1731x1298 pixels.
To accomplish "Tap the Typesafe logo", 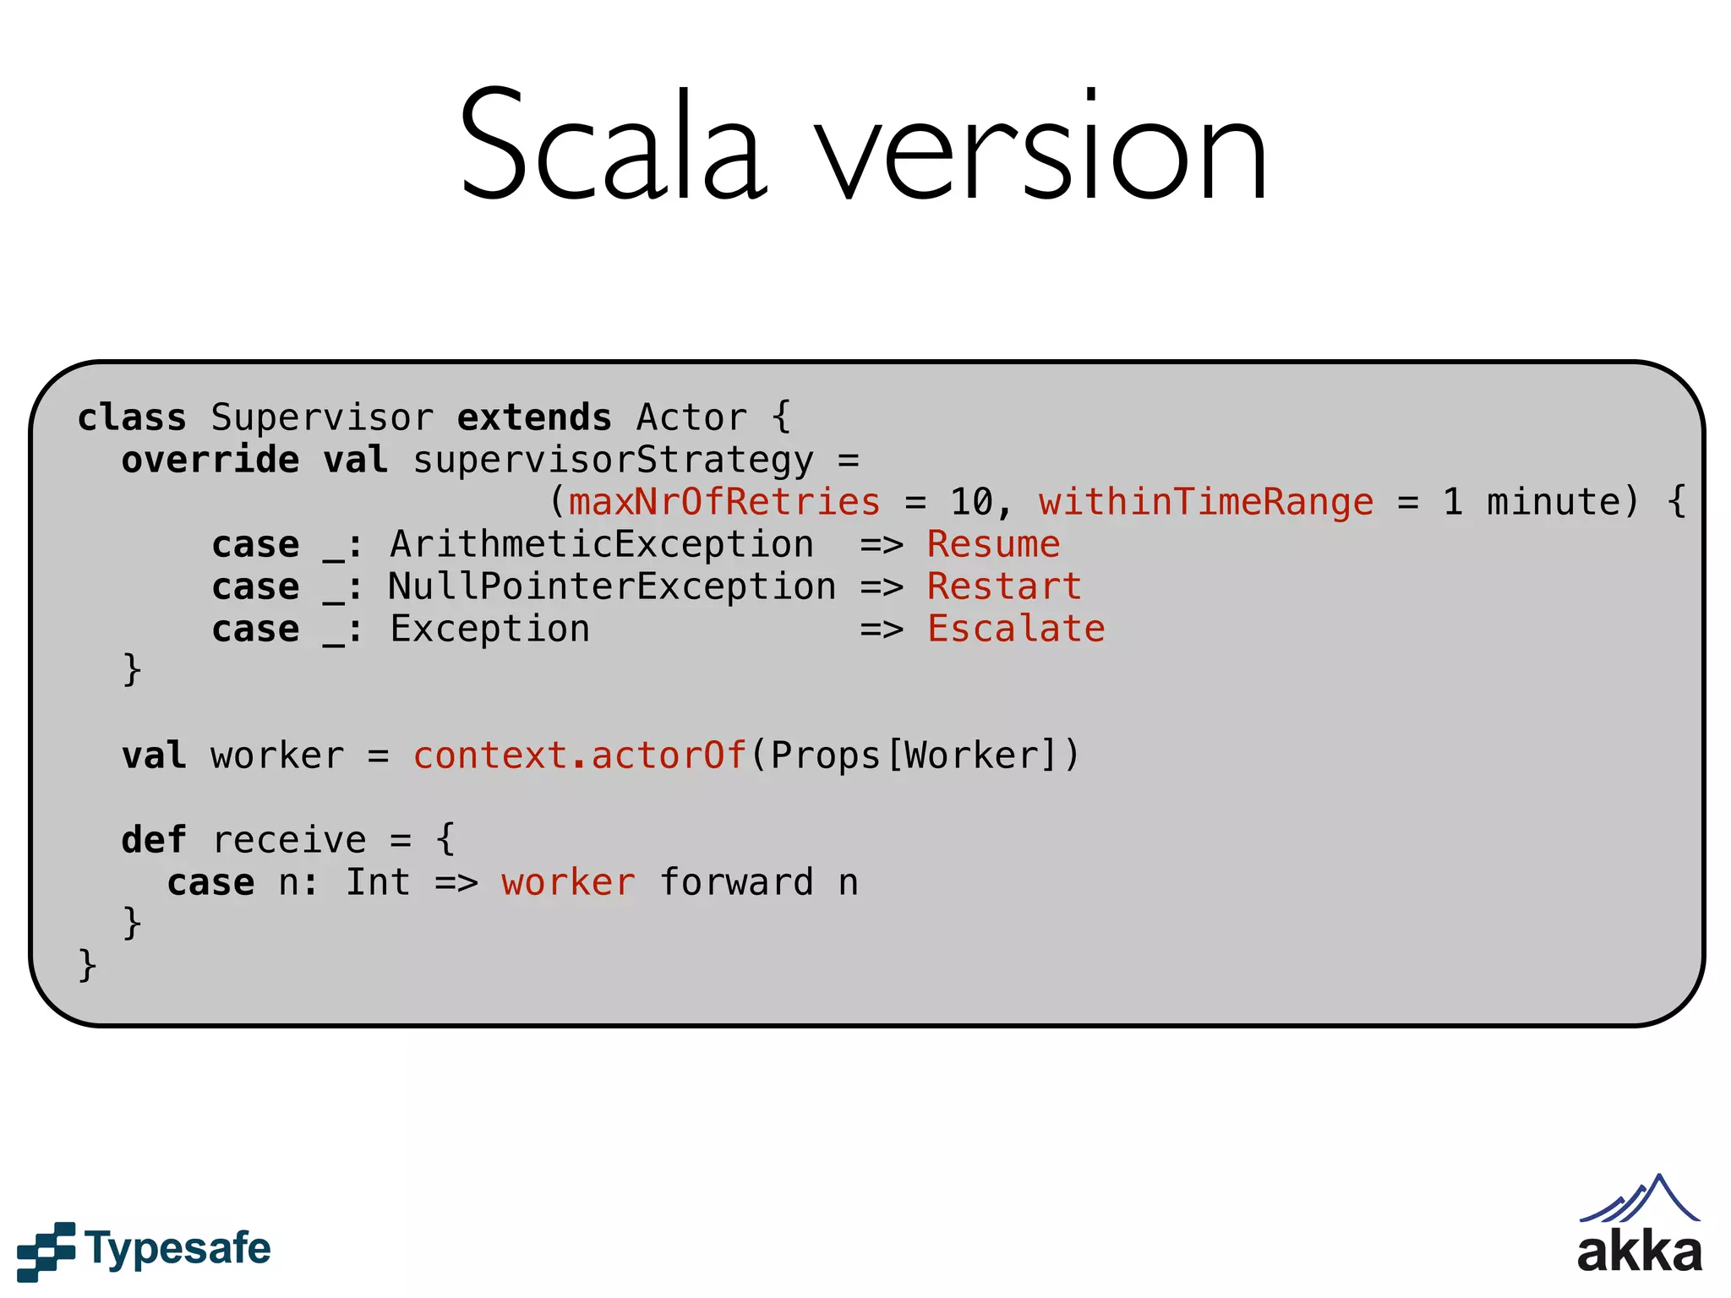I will tap(145, 1250).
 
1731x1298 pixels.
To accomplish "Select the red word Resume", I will tap(993, 544).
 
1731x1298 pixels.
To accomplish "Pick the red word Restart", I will tap(1004, 586).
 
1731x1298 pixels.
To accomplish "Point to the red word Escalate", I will tap(1016, 629).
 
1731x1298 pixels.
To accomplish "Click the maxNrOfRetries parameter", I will tap(724, 502).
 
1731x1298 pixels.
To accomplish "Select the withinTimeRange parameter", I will tap(1206, 502).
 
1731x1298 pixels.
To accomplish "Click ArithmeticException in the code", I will tap(602, 544).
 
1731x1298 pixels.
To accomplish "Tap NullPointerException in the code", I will tap(612, 586).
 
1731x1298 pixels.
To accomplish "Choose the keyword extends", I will tap(534, 417).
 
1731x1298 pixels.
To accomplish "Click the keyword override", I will tap(210, 460).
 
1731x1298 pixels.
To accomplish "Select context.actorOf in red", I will tap(579, 755).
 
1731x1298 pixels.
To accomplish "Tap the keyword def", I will tap(154, 840).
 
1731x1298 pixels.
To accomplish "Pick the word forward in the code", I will tap(736, 882).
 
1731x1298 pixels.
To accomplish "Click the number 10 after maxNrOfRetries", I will tap(971, 502).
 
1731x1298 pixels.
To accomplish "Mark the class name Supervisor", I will tap(322, 417).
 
